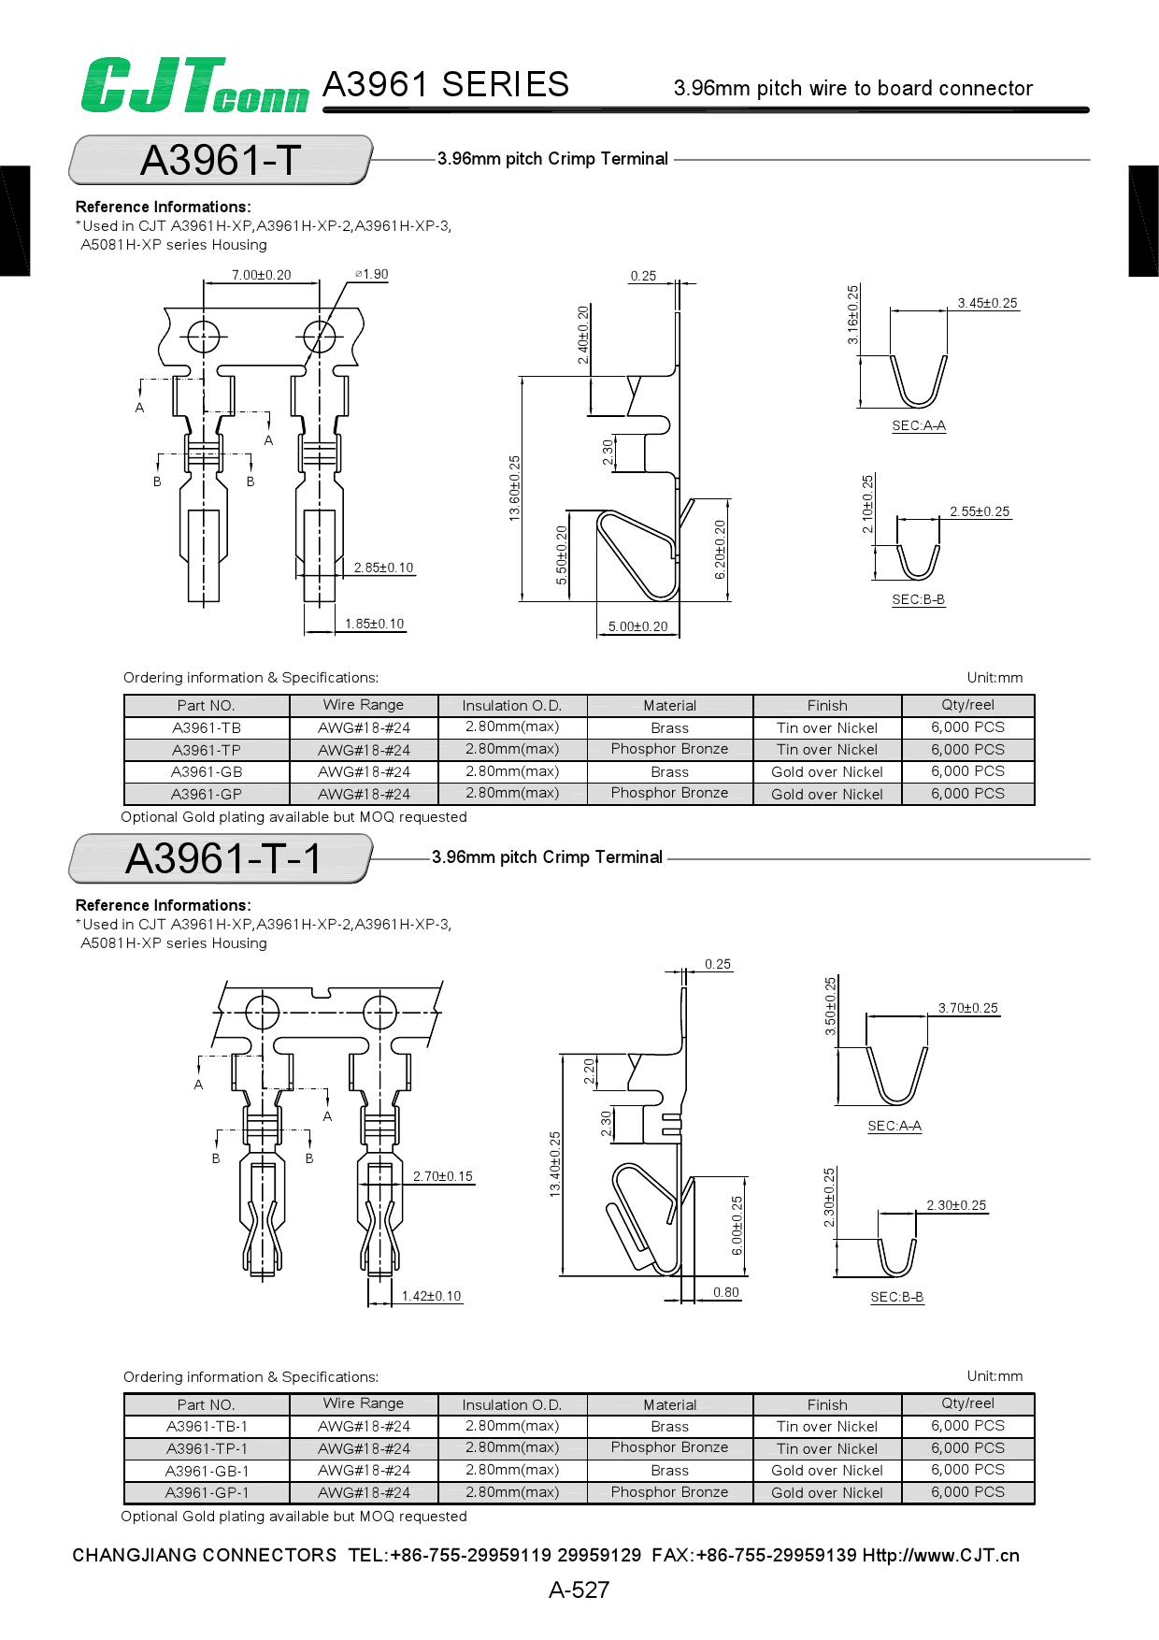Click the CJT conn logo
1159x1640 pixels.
click(194, 86)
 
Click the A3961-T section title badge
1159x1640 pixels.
click(221, 160)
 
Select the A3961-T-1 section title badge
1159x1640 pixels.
click(222, 858)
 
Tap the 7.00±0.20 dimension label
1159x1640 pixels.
click(261, 275)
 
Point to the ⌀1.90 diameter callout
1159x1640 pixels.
click(372, 274)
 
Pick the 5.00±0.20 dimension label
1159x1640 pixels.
click(637, 626)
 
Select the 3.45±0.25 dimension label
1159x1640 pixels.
click(987, 303)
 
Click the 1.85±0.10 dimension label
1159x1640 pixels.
click(374, 624)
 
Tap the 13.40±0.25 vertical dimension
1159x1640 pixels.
click(555, 1164)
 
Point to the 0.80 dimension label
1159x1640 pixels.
click(726, 1292)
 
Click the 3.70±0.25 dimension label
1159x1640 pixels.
click(967, 1008)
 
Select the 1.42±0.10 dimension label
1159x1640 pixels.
click(431, 1296)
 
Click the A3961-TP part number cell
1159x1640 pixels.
click(207, 750)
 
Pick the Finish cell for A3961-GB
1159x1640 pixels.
click(827, 772)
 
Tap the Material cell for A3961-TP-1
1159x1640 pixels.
click(669, 1447)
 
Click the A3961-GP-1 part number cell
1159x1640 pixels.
click(207, 1492)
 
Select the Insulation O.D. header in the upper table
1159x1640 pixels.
click(512, 706)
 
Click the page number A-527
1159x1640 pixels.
click(579, 1590)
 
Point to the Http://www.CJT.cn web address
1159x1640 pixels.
click(940, 1555)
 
